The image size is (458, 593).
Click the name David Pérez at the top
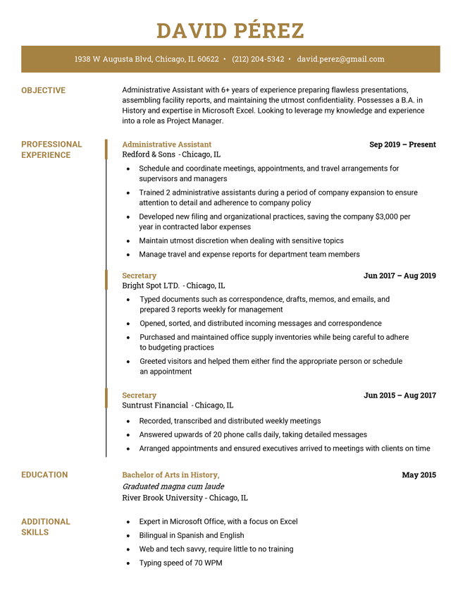coord(230,31)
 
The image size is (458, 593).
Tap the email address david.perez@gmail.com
coord(340,59)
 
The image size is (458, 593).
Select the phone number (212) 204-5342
coord(258,59)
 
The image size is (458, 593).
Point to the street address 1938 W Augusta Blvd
coord(113,59)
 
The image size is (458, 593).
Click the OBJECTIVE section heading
coord(43,90)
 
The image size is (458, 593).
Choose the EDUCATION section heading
coord(44,475)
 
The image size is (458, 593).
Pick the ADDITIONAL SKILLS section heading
coord(45,527)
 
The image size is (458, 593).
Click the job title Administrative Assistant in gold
coord(166,145)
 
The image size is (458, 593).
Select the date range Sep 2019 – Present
coord(402,145)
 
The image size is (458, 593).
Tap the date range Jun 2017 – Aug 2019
coord(400,276)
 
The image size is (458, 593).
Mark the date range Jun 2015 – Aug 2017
coord(400,396)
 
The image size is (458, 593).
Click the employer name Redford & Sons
coord(149,154)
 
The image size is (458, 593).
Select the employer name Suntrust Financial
coord(155,405)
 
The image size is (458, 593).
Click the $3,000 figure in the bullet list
coord(388,216)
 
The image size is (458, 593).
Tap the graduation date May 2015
coord(419,475)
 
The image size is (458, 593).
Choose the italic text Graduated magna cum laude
coord(173,487)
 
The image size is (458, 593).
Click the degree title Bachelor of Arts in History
coord(170,475)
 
